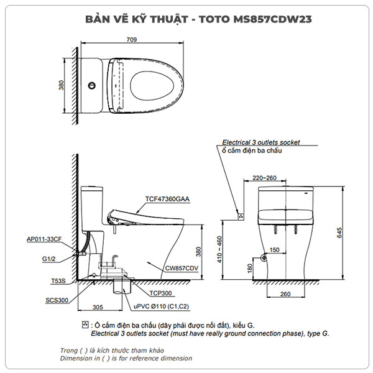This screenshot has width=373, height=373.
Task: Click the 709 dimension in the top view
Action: pos(132,40)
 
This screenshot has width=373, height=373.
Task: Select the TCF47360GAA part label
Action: pos(167,199)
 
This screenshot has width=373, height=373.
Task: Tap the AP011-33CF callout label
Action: pos(45,239)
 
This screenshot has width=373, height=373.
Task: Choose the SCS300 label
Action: pos(57,300)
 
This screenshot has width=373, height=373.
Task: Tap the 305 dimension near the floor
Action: pos(97,306)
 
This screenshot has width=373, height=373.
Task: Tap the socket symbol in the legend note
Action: pos(85,325)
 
